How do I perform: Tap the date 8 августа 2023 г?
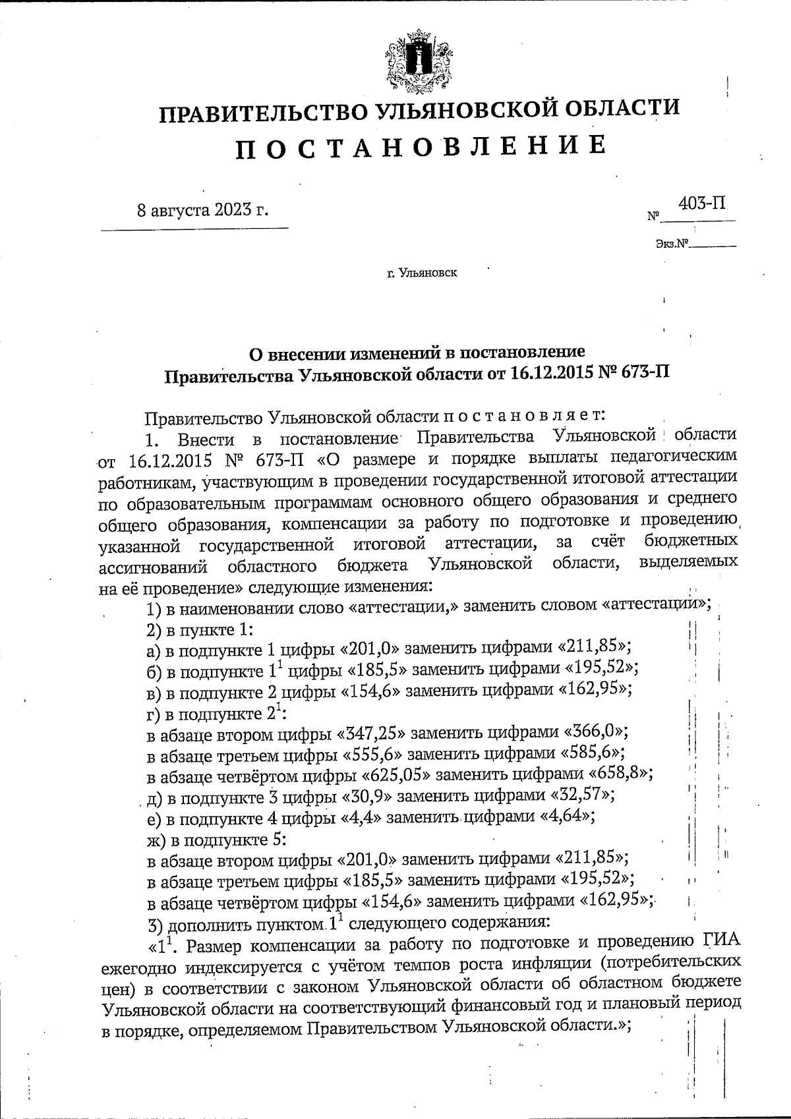203,210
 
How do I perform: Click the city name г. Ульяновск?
422,272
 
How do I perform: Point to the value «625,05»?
386,774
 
